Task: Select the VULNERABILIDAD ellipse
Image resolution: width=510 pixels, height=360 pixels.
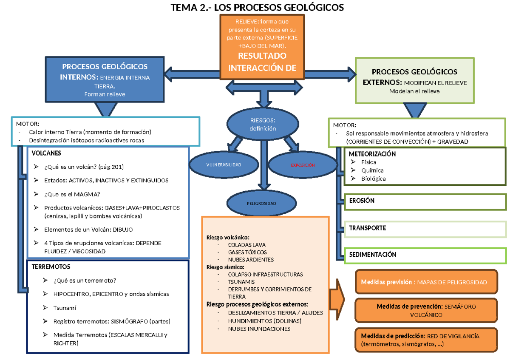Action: (224, 164)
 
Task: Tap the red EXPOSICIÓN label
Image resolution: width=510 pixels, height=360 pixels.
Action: (303, 165)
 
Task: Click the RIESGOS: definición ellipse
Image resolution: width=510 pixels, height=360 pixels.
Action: (262, 125)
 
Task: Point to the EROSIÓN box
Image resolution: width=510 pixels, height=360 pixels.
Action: (425, 201)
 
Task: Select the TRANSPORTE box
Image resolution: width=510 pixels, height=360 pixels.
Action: (425, 228)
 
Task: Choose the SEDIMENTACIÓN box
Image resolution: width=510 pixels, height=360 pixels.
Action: (425, 255)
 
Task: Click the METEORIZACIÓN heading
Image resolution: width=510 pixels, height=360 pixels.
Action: (372, 154)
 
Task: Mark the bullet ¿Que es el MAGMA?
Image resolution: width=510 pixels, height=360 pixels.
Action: (72, 194)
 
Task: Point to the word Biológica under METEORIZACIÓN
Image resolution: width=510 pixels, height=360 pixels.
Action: (373, 179)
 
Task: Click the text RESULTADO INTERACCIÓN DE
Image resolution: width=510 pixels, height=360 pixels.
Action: (262, 62)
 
